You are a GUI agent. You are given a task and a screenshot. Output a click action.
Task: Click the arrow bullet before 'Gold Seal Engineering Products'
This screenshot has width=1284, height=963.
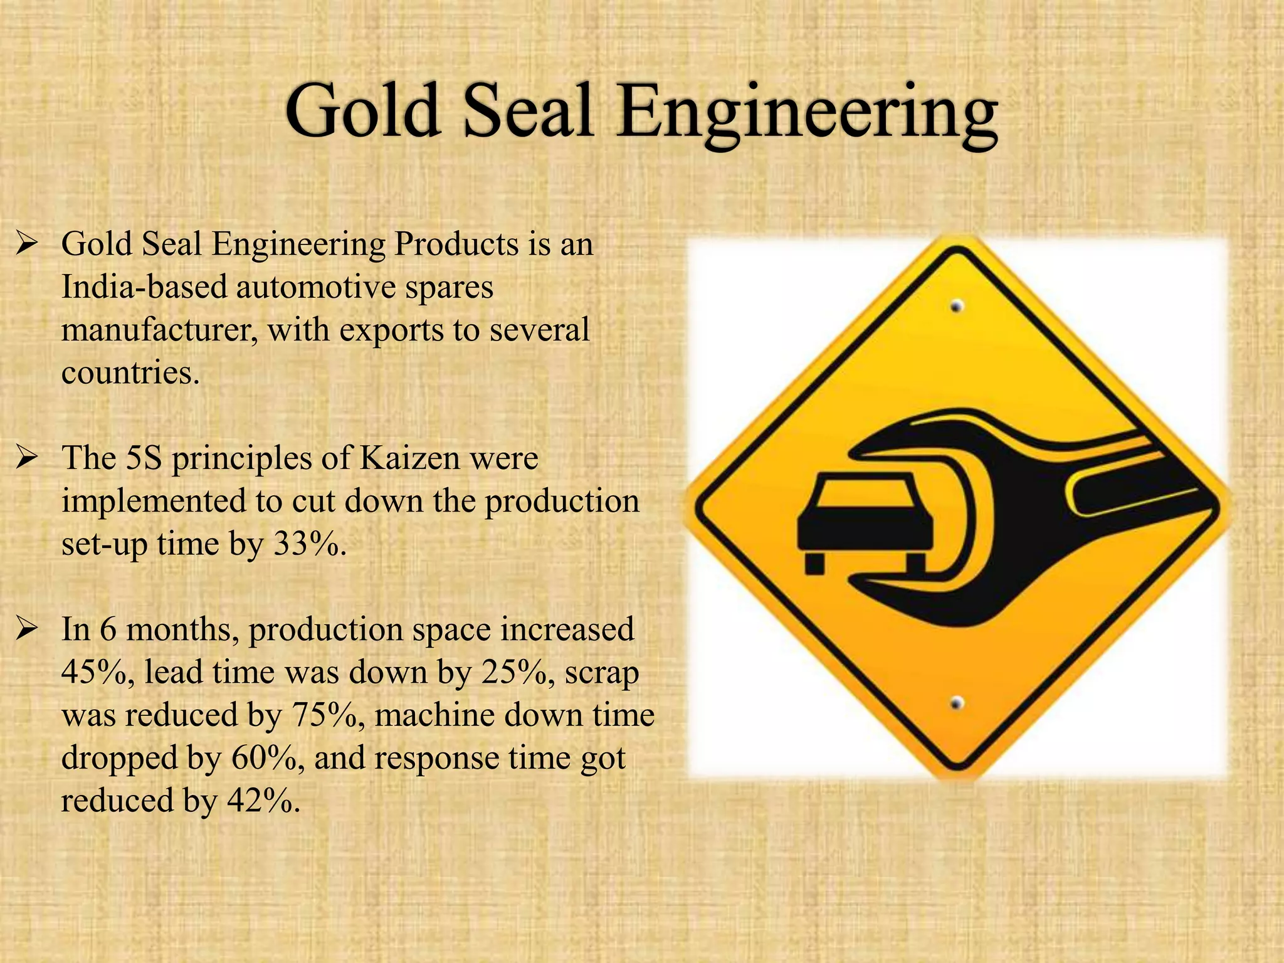tap(28, 245)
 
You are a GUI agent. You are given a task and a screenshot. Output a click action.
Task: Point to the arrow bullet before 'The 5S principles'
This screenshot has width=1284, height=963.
tap(28, 459)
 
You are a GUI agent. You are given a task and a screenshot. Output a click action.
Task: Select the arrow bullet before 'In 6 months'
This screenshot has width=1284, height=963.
tap(28, 629)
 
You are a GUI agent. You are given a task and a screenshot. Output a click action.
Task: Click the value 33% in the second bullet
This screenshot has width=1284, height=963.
tap(307, 544)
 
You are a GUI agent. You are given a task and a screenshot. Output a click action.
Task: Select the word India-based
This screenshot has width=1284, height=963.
tap(144, 288)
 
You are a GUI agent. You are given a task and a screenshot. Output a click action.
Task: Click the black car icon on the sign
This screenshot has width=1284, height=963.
tap(865, 520)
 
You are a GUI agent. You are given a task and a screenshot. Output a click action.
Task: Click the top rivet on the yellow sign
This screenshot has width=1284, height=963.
tap(957, 307)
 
